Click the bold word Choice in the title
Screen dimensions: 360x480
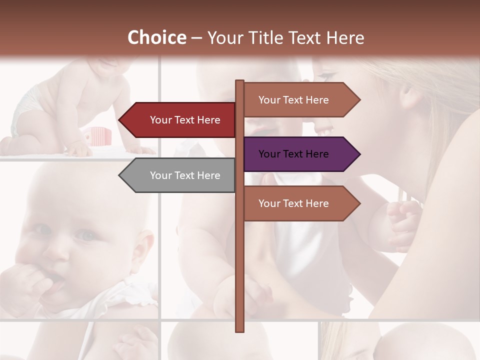click(156, 37)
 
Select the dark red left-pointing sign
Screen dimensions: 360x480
click(180, 120)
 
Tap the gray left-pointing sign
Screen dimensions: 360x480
click(180, 175)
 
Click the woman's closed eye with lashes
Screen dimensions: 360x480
click(325, 76)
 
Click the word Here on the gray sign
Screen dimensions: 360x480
click(208, 175)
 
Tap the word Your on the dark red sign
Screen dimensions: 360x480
click(161, 120)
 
